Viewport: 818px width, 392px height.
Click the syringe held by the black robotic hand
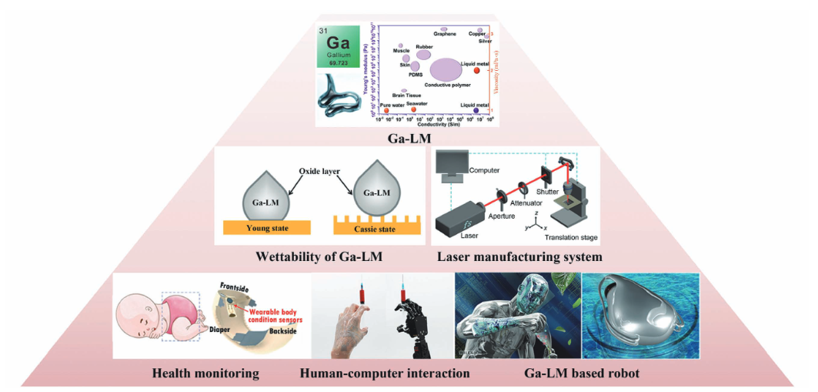pyautogui.click(x=402, y=297)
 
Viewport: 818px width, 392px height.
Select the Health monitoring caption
pyautogui.click(x=205, y=374)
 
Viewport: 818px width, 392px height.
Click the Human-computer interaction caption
pyautogui.click(x=385, y=374)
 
